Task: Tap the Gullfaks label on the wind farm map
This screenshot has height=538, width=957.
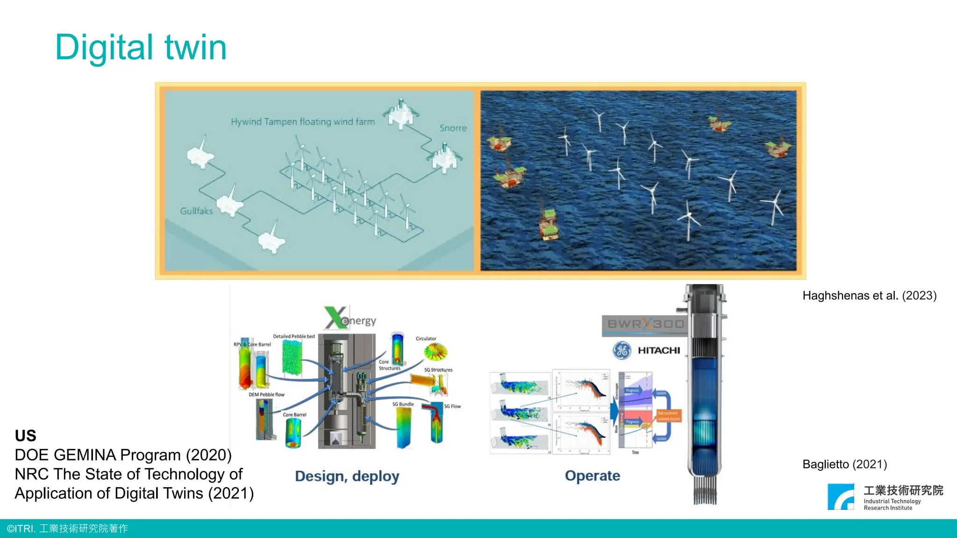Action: [x=196, y=211]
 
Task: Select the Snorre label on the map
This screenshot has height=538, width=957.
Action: [x=453, y=128]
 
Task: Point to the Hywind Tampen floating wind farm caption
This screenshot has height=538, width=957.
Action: [x=302, y=122]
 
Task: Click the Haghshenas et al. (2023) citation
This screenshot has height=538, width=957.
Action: [x=869, y=296]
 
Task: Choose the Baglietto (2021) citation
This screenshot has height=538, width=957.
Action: [x=844, y=464]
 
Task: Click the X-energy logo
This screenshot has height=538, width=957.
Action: [x=350, y=319]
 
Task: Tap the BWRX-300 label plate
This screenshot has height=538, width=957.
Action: [x=645, y=324]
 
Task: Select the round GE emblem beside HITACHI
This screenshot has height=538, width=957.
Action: [x=622, y=350]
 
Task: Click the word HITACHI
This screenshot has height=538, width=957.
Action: [x=659, y=350]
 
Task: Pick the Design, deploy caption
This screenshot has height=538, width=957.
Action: [x=347, y=476]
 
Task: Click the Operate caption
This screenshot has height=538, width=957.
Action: [x=592, y=476]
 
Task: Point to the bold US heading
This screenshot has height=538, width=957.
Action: [x=25, y=436]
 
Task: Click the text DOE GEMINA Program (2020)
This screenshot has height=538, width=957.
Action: [x=123, y=455]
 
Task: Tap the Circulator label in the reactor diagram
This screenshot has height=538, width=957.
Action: [x=426, y=339]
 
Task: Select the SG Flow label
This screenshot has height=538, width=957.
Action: [x=452, y=406]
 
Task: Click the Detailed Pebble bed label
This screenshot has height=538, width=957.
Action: [x=293, y=336]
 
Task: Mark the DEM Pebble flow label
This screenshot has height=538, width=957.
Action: [x=266, y=395]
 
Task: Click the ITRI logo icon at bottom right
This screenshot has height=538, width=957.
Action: [x=841, y=496]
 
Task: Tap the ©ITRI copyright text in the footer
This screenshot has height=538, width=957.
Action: [x=67, y=529]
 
